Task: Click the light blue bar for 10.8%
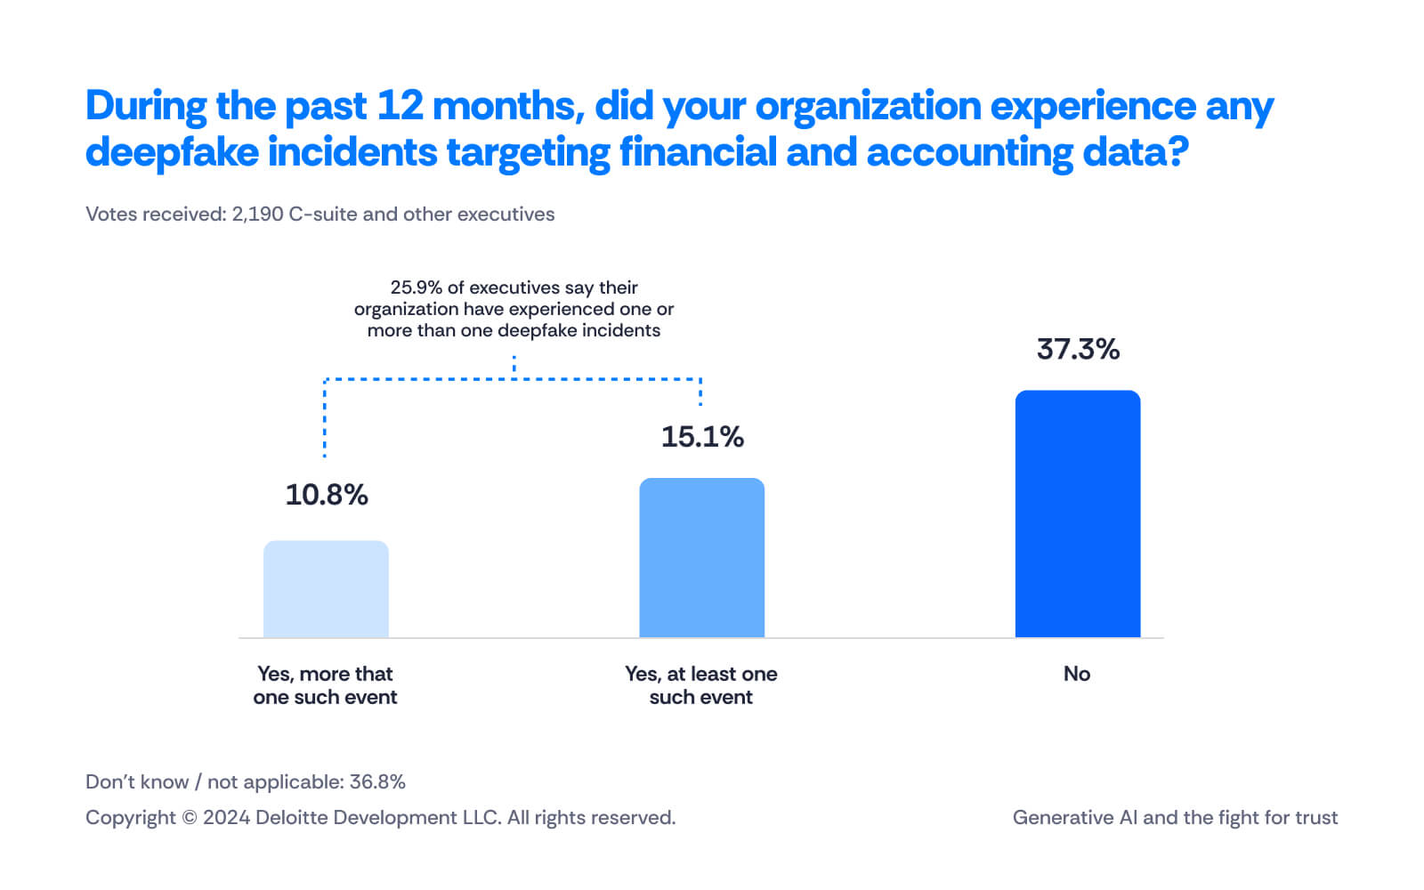point(326,588)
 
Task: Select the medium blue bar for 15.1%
point(701,557)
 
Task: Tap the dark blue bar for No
point(1077,514)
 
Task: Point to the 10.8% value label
point(327,495)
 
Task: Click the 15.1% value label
point(702,437)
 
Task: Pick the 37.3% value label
point(1078,349)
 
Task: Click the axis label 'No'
point(1077,674)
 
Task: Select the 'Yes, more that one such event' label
point(325,685)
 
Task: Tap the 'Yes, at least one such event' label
point(701,685)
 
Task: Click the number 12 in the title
point(400,106)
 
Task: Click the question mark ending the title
point(1179,152)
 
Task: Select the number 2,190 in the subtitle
point(257,214)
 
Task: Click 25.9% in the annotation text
point(416,287)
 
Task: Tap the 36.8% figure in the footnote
point(377,781)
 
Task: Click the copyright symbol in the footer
point(189,818)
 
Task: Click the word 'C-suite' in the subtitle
point(322,214)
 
